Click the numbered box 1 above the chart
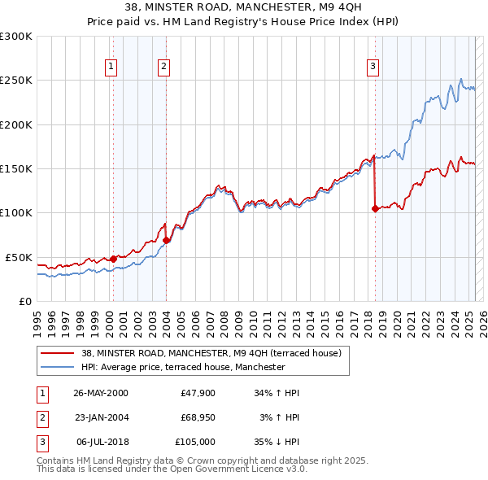click(x=110, y=67)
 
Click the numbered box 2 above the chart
click(x=163, y=67)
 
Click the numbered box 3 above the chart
click(x=373, y=67)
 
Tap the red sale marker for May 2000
click(x=113, y=259)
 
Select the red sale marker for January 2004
click(x=166, y=240)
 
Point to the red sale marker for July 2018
click(x=375, y=208)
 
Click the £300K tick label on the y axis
click(x=16, y=37)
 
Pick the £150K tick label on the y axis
click(x=16, y=168)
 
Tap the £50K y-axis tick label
click(x=19, y=257)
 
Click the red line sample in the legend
click(x=57, y=353)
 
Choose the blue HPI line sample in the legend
click(x=57, y=367)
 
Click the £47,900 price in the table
click(x=198, y=393)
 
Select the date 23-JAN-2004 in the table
click(x=101, y=417)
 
